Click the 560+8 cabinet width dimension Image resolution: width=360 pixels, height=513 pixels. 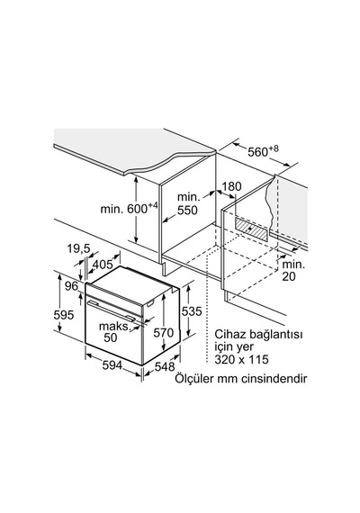(x=263, y=151)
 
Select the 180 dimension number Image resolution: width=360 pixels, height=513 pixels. (x=231, y=186)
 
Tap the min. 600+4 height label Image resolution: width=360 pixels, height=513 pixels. (x=130, y=208)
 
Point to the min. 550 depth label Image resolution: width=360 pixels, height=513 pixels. (x=187, y=203)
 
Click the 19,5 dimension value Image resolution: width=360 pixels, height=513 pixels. (x=78, y=249)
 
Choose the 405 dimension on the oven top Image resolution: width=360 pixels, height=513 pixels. (x=103, y=264)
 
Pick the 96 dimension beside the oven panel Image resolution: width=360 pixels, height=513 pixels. (x=71, y=286)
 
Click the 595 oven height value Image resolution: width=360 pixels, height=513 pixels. (x=64, y=315)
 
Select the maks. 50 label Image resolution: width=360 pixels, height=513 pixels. (x=114, y=332)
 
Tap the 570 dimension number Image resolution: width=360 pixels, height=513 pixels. (x=164, y=333)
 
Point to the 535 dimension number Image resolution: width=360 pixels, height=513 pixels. (x=192, y=311)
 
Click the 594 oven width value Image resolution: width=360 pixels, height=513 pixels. (x=112, y=365)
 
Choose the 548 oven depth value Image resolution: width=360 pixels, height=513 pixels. (x=165, y=367)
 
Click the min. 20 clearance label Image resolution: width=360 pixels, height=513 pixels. (x=293, y=271)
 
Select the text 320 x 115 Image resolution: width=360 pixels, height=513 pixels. (x=241, y=359)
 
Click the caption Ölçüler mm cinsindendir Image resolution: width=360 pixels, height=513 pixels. (x=240, y=379)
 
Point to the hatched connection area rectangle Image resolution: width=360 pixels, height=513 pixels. (x=251, y=229)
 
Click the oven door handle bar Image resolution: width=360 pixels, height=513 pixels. (x=112, y=310)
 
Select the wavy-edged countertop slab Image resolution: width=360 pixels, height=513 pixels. (x=134, y=150)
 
